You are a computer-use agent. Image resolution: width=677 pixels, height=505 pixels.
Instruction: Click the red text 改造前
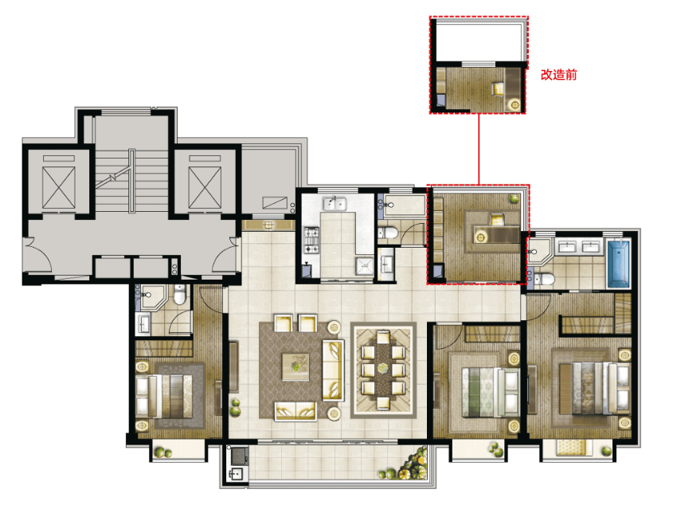pyautogui.click(x=558, y=75)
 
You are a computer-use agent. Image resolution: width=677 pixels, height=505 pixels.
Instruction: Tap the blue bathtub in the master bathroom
pyautogui.click(x=619, y=264)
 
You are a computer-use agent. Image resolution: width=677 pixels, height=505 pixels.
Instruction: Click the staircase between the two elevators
pyautogui.click(x=131, y=181)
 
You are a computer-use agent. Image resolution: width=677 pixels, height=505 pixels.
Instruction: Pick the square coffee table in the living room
pyautogui.click(x=295, y=366)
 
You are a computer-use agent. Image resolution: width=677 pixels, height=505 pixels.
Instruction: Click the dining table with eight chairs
pyautogui.click(x=383, y=370)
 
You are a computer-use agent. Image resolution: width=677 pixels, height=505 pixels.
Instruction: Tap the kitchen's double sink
pyautogui.click(x=335, y=203)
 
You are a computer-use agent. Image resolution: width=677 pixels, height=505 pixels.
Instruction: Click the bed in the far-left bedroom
pyautogui.click(x=164, y=395)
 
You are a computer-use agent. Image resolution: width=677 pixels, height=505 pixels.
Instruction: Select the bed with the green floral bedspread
pyautogui.click(x=491, y=392)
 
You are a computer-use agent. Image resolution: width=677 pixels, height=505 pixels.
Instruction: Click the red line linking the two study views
pyautogui.click(x=479, y=149)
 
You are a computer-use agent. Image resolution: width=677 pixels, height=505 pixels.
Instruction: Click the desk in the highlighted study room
pyautogui.click(x=496, y=234)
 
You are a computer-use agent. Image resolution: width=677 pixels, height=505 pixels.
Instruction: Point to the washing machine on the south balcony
pyautogui.click(x=239, y=455)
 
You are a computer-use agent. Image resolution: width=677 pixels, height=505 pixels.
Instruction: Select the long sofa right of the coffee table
pyautogui.click(x=333, y=370)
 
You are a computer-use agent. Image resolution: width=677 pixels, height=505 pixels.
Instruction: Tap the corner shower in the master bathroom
pyautogui.click(x=538, y=251)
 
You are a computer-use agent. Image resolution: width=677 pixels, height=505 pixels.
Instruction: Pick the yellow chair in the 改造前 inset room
pyautogui.click(x=499, y=88)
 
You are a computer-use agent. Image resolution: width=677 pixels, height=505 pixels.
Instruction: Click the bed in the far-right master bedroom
pyautogui.click(x=594, y=389)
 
